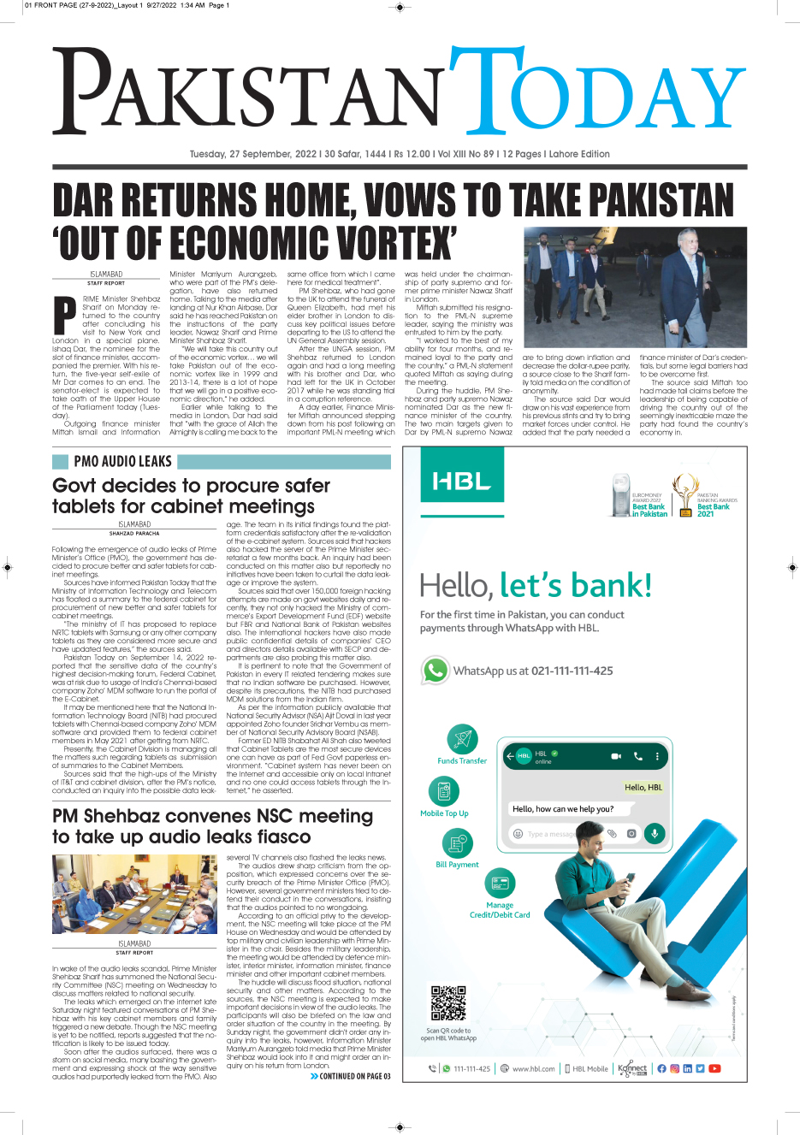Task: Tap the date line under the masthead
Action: (x=400, y=154)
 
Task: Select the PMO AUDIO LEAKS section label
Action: (x=122, y=462)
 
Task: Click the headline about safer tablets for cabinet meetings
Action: (x=191, y=496)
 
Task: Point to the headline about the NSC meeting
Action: (x=212, y=826)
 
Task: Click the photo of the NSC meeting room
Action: (x=134, y=894)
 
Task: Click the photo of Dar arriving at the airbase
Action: (x=635, y=287)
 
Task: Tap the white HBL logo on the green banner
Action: (x=461, y=482)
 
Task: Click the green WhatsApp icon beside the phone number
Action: (x=436, y=670)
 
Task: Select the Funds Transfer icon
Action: (x=462, y=738)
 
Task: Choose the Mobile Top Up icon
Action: (x=443, y=790)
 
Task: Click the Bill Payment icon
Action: (x=457, y=843)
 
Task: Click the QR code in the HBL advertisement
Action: (x=447, y=1003)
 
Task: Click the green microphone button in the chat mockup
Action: (x=654, y=833)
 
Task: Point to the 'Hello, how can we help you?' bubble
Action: (x=562, y=808)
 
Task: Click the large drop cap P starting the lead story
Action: (x=65, y=314)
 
